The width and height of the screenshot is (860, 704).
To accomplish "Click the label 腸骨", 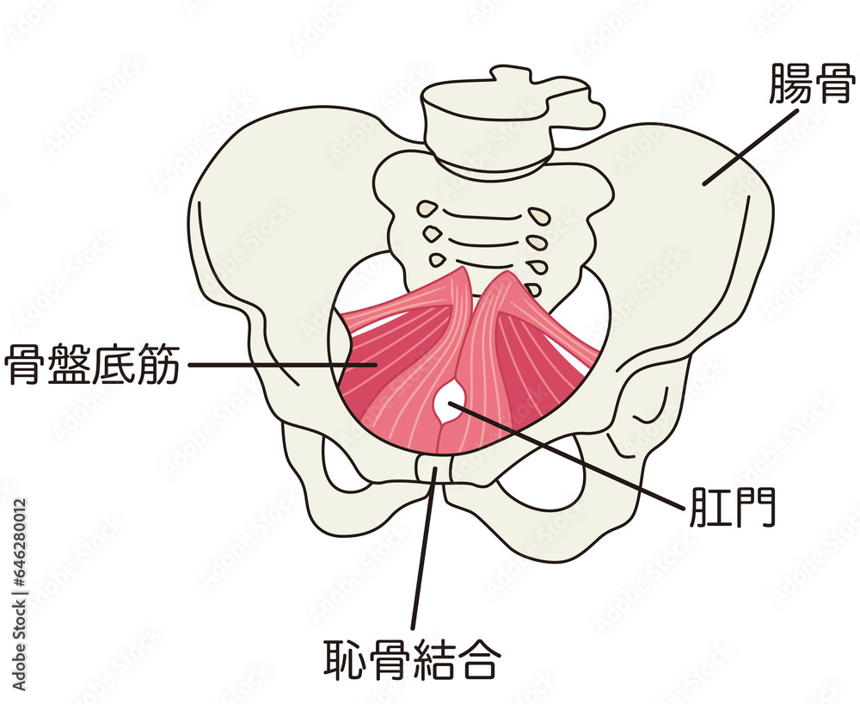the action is click(813, 83).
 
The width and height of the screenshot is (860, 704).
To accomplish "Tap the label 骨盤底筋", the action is click(92, 364).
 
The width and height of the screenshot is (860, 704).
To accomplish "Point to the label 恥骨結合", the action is click(411, 658).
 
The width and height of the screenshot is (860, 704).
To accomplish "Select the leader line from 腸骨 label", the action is click(750, 148).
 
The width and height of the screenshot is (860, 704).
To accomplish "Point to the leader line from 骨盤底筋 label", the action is click(282, 364).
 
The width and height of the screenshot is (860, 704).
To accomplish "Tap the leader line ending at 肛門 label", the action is click(567, 455).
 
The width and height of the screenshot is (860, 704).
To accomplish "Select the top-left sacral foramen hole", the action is click(427, 208).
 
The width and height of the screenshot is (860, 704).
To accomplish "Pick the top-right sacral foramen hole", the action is click(538, 215).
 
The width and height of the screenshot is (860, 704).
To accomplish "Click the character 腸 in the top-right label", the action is click(789, 83).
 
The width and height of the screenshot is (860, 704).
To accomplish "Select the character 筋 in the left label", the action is click(158, 364).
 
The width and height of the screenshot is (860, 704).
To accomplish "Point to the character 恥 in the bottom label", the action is click(345, 658).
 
